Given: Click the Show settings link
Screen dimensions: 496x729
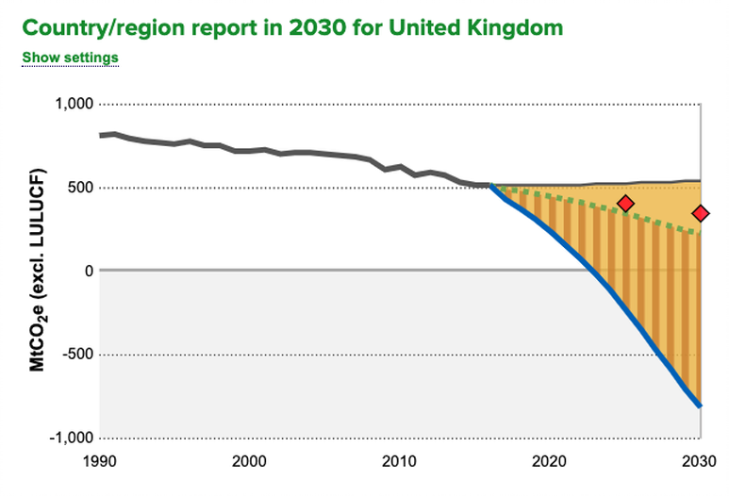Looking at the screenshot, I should [71, 58].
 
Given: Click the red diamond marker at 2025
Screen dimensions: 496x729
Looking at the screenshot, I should [624, 204].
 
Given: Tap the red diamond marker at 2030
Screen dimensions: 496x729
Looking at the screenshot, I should [700, 214].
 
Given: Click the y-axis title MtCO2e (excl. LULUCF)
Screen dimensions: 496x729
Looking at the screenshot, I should [39, 272].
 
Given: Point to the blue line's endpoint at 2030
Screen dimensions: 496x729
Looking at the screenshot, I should [700, 406].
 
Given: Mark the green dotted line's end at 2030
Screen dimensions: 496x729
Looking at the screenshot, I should [699, 234].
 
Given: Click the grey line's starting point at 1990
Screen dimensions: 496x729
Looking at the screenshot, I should [100, 135].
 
